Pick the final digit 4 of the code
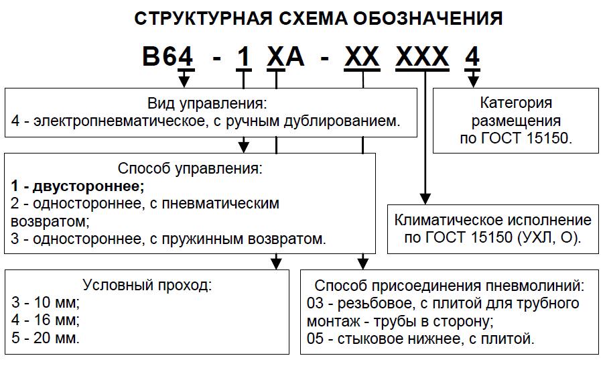pyautogui.click(x=472, y=58)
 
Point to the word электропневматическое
pyautogui.click(x=101, y=121)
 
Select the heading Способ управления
pyautogui.click(x=189, y=167)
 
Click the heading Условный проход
pyautogui.click(x=147, y=284)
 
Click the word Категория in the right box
pyautogui.click(x=517, y=103)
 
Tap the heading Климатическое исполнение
pyautogui.click(x=492, y=221)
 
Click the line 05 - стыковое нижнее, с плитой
pyautogui.click(x=420, y=338)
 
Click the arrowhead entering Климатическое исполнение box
pyautogui.click(x=424, y=196)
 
